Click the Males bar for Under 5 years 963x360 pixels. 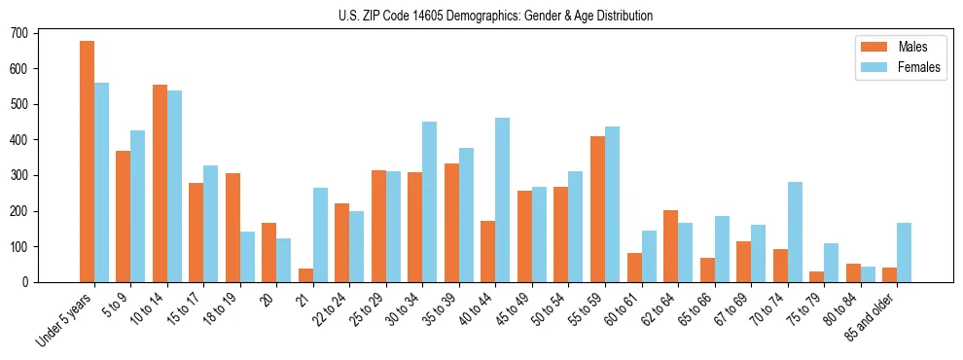pyautogui.click(x=87, y=162)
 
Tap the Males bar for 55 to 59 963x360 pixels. pyautogui.click(x=597, y=209)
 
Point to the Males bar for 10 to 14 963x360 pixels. pyautogui.click(x=160, y=184)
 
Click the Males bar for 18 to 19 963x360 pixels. pyautogui.click(x=232, y=228)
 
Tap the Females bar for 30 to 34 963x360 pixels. pyautogui.click(x=430, y=202)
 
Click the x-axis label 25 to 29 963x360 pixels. pyautogui.click(x=368, y=307)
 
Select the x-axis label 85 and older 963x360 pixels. pyautogui.click(x=869, y=314)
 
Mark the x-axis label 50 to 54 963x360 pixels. pyautogui.click(x=550, y=307)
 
